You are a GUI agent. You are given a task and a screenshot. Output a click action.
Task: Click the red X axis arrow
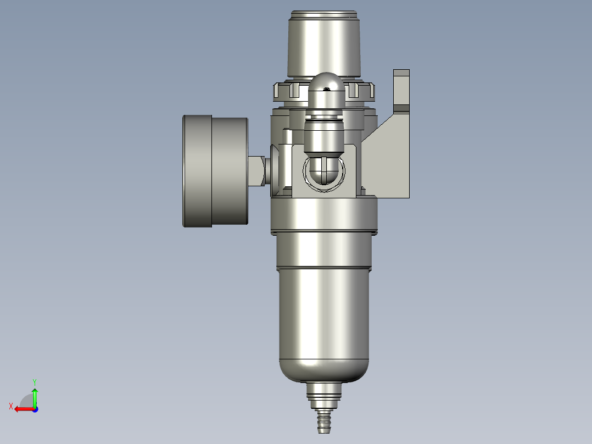(x=22, y=409)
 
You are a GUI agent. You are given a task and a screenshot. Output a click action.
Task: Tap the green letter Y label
(x=34, y=381)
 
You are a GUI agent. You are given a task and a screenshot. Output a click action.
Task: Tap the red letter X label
(x=10, y=406)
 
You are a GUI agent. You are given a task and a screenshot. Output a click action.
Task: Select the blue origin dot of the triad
(x=35, y=409)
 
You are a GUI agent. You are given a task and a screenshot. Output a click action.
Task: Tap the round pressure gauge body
(x=214, y=170)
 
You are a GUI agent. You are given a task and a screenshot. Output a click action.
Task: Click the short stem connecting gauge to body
(x=256, y=170)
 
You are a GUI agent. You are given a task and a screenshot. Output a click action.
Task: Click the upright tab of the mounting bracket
(x=401, y=88)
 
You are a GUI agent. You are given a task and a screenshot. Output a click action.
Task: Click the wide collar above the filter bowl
(x=324, y=215)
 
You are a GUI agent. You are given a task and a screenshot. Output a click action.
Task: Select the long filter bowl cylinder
(x=324, y=313)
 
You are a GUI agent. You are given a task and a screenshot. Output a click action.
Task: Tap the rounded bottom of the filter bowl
(x=324, y=371)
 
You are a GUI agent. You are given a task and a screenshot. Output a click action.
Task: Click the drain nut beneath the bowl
(x=324, y=393)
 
